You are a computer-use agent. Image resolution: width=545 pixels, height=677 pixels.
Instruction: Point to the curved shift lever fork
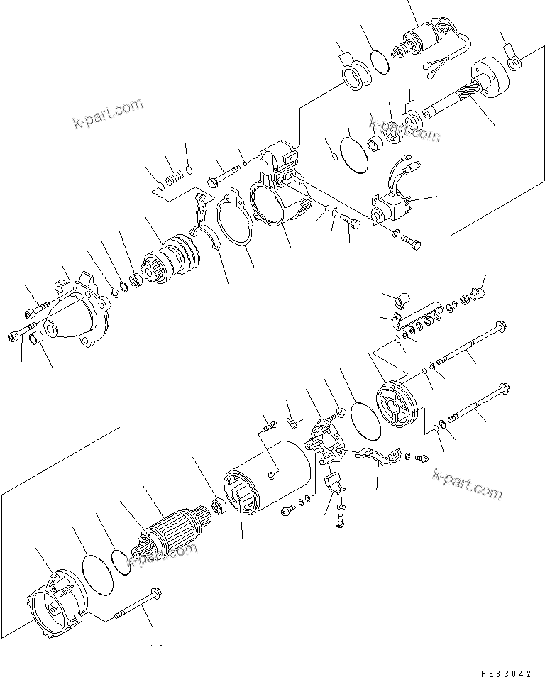202,220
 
